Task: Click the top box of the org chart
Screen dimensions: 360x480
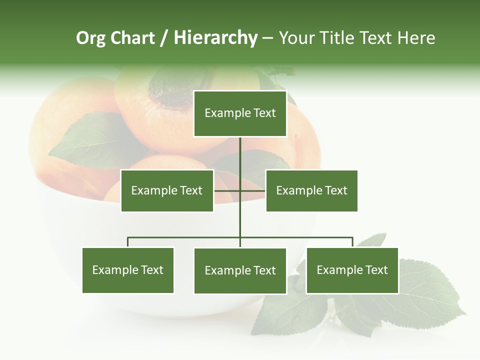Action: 240,113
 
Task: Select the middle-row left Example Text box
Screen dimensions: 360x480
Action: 167,190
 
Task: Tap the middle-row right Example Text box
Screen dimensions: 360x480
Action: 311,190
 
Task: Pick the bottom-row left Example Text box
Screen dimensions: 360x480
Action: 128,270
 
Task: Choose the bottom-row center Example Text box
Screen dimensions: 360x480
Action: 240,270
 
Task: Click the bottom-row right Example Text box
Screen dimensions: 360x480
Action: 352,270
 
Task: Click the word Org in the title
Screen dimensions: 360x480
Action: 90,38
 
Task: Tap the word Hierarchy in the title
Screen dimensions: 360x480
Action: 215,38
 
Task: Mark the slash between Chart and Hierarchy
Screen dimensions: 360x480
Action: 164,38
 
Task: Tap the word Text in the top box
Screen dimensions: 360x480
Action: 264,113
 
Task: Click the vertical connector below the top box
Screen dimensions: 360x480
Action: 240,155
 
